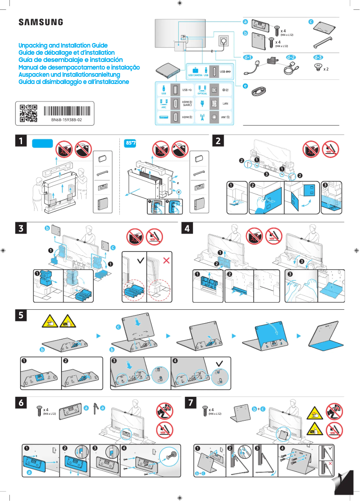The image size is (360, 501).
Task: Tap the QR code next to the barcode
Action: [x=28, y=114]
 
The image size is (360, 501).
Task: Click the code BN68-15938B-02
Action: [x=66, y=121]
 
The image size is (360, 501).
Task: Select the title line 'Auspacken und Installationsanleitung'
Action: [x=69, y=74]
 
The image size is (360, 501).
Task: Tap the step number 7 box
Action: [x=192, y=403]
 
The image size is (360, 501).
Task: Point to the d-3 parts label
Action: [x=318, y=57]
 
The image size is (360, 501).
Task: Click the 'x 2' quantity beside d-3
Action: [x=326, y=70]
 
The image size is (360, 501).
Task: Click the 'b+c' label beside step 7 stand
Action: [x=259, y=409]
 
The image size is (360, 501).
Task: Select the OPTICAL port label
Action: [x=202, y=93]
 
